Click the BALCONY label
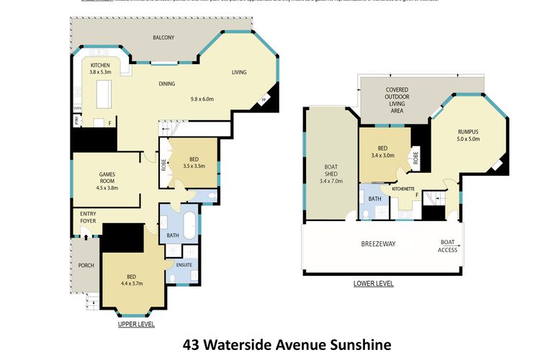(163, 37)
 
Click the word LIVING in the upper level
(240, 72)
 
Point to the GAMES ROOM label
(107, 178)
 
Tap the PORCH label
(86, 265)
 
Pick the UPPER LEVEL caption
(136, 325)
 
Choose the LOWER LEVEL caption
(373, 284)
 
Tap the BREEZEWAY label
(378, 244)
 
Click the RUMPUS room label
(468, 132)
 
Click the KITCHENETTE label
(407, 189)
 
